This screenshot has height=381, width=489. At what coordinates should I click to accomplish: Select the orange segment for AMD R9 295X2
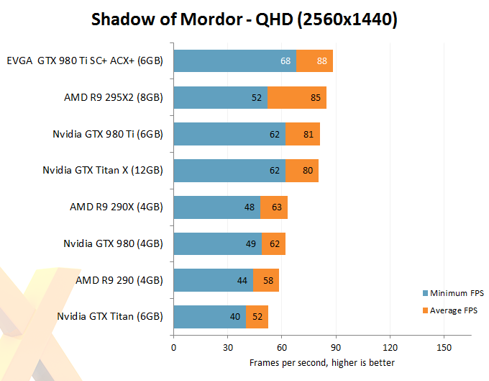tap(297, 98)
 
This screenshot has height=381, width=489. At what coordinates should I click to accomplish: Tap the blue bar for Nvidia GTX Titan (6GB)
tap(209, 317)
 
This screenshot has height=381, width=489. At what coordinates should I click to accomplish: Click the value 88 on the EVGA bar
tap(321, 61)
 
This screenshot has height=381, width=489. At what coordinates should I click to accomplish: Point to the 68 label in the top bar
tap(285, 61)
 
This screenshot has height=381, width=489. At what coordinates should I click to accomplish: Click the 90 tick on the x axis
tap(336, 346)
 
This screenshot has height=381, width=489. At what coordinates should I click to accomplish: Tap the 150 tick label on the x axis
tap(444, 346)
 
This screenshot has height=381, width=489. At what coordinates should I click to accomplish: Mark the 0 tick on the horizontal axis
tap(173, 346)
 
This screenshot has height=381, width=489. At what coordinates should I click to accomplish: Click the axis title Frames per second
tap(321, 362)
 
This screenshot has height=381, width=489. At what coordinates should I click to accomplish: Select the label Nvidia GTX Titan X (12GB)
tap(104, 171)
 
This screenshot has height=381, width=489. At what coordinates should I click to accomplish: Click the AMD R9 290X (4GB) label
tap(116, 207)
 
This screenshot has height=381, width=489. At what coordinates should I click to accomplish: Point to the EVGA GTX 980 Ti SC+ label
tap(85, 61)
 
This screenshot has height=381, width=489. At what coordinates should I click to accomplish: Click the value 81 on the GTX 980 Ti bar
tap(308, 134)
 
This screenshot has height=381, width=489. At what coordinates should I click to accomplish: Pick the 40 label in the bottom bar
tap(235, 317)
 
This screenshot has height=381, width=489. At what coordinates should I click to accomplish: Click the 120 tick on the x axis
tap(390, 346)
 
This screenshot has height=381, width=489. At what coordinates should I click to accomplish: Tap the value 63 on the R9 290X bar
tap(275, 207)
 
